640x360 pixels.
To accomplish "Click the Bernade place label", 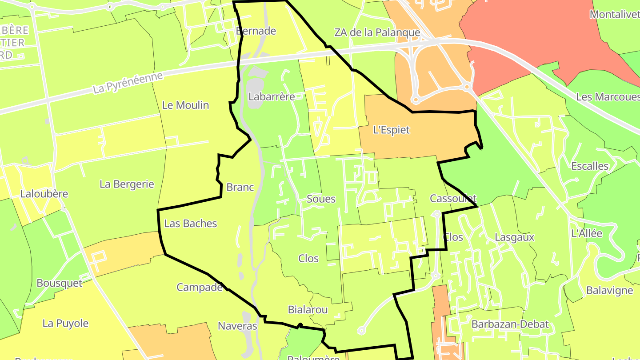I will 256,31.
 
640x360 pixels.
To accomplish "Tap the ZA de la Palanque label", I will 377,32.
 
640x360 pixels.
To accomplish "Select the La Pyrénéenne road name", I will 128,83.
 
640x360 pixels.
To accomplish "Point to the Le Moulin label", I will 185,105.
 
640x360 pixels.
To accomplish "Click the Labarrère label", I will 272,96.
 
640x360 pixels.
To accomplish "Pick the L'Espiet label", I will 391,130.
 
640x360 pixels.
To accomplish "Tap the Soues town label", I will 321,199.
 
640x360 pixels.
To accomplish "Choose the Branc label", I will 240,187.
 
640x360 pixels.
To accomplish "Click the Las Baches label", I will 190,224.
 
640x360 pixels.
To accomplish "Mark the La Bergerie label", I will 127,184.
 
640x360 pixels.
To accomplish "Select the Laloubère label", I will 44,194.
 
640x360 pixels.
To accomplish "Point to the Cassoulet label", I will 453,198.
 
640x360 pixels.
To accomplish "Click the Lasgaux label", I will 514,238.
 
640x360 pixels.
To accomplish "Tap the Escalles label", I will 589,166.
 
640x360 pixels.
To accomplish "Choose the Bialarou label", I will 308,310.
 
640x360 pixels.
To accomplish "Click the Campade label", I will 200,288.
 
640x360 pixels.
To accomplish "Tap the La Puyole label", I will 65,324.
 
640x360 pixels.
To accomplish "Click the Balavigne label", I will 609,291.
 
